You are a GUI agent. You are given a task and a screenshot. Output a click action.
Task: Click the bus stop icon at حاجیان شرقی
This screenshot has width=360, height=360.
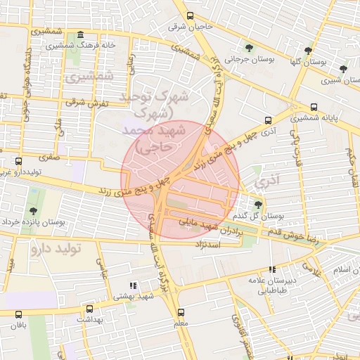[189, 15]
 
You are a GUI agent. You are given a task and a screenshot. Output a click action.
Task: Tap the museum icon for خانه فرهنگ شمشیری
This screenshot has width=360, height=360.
[81, 35]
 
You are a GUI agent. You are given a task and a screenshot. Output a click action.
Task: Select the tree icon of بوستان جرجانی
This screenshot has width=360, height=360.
[249, 47]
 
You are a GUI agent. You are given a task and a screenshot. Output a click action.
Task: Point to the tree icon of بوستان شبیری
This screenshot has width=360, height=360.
[342, 69]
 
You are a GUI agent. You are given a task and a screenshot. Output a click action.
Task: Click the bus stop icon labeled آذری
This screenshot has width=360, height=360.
[267, 120]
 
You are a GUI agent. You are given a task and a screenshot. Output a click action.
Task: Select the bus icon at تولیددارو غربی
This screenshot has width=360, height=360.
[18, 161]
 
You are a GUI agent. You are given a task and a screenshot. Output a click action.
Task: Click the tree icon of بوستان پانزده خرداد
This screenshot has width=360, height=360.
[33, 210]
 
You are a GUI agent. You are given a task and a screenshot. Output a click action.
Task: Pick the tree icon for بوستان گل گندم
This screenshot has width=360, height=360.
[257, 205]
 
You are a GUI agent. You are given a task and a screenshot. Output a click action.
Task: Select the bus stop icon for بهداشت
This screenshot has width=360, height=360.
[89, 309]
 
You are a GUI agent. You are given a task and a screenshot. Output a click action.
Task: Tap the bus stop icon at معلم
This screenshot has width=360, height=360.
[181, 312]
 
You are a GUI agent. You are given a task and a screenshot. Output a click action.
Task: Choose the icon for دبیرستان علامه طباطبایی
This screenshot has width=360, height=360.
[272, 269]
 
